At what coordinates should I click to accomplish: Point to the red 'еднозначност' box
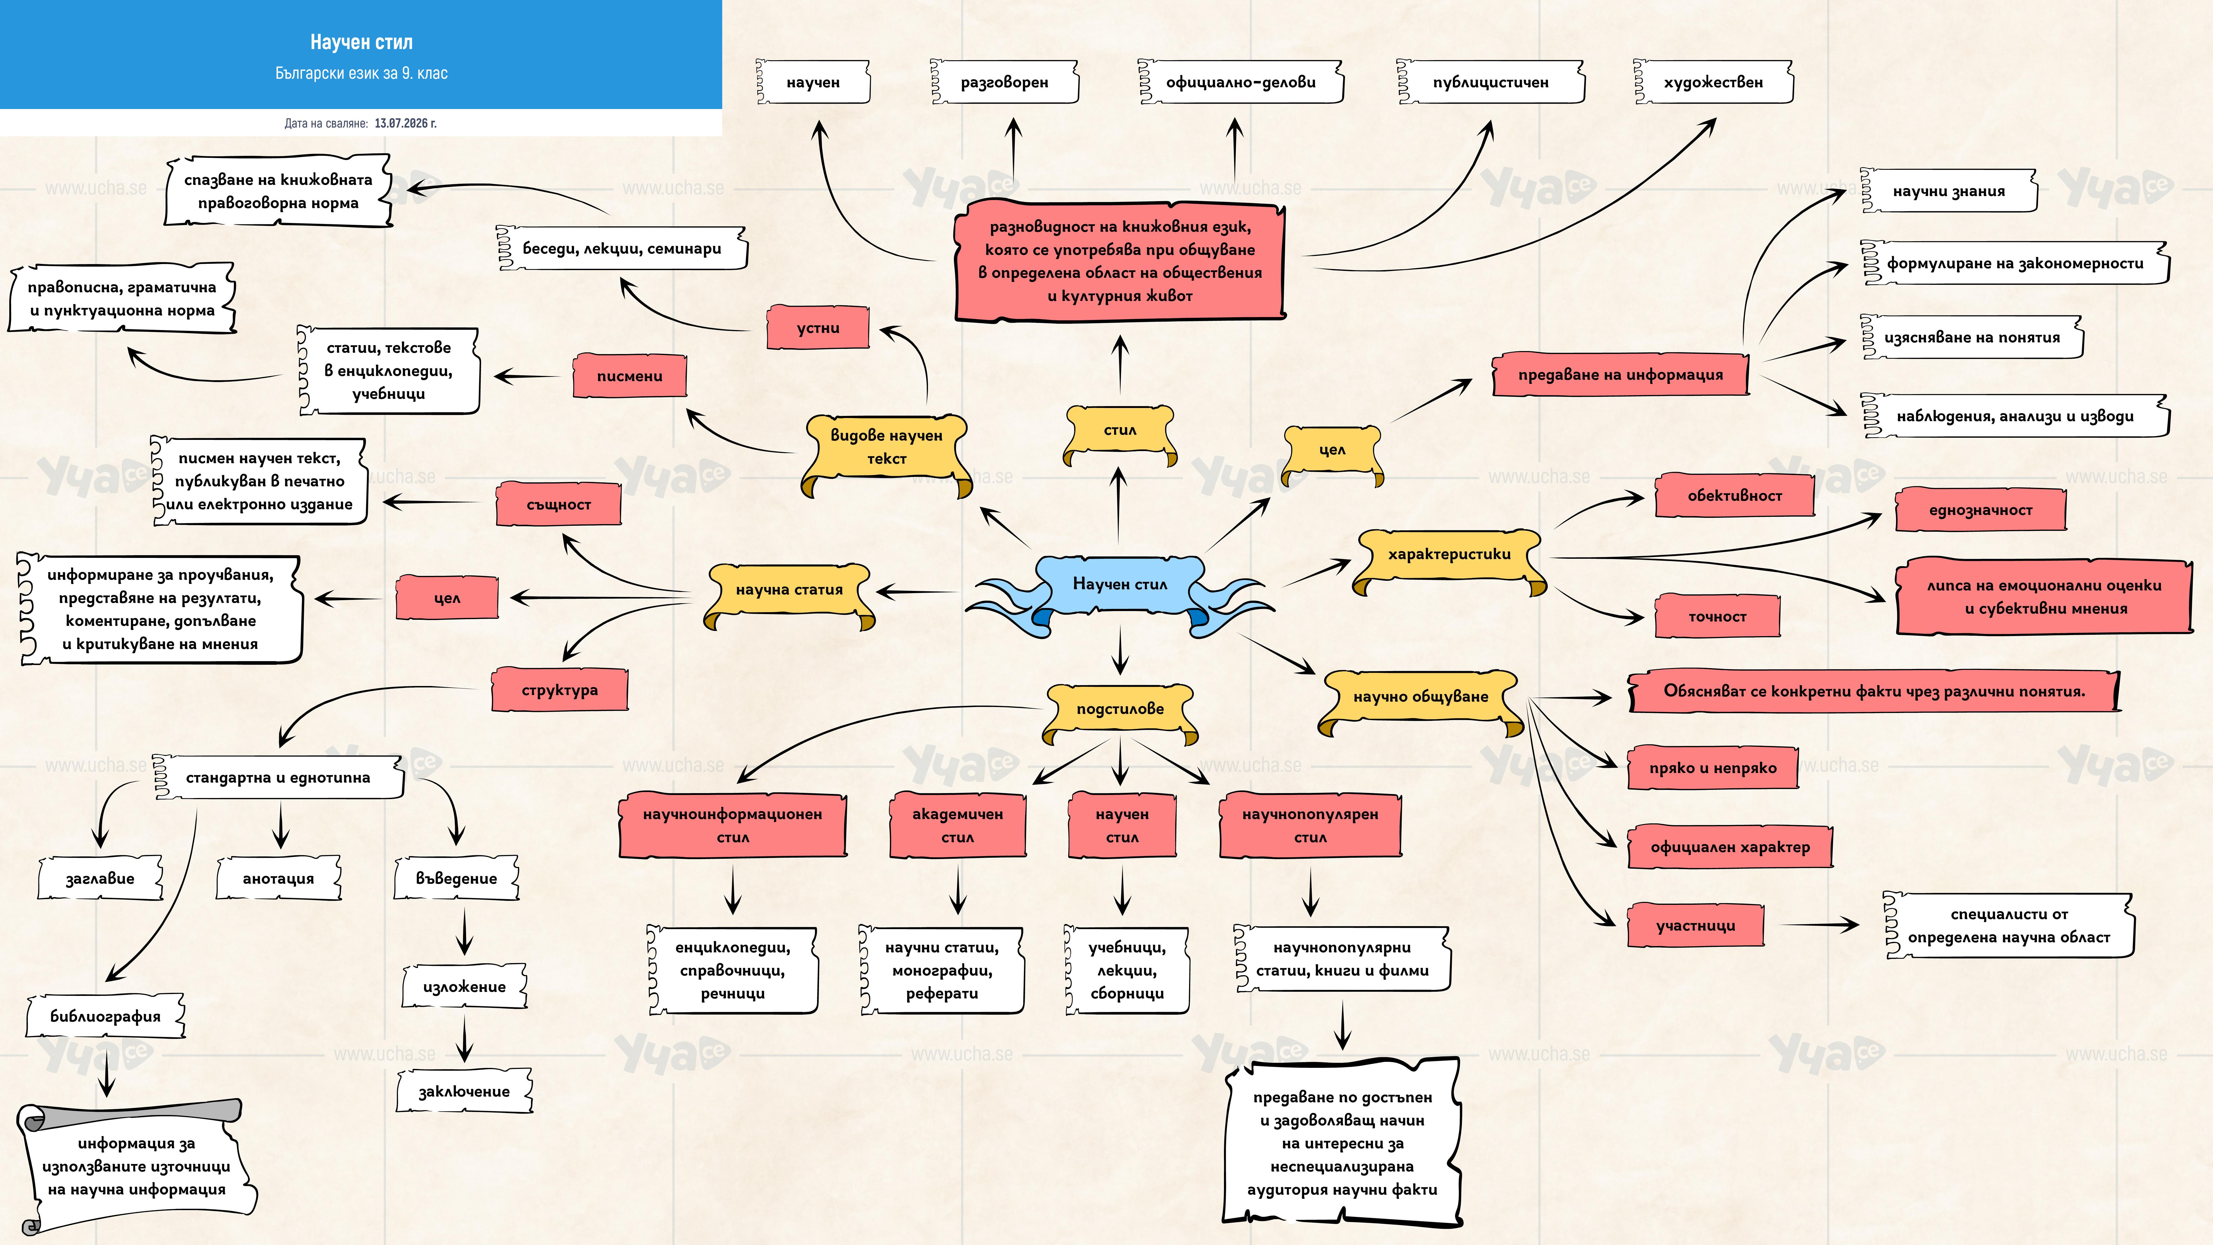pyautogui.click(x=1980, y=510)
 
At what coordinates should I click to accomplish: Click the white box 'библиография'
pyautogui.click(x=106, y=1016)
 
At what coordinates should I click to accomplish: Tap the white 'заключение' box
pyautogui.click(x=464, y=1092)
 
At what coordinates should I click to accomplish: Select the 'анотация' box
pyautogui.click(x=278, y=878)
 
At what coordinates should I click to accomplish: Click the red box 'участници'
pyautogui.click(x=1695, y=925)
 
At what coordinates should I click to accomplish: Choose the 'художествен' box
pyautogui.click(x=1713, y=83)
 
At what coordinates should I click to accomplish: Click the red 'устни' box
pyautogui.click(x=818, y=327)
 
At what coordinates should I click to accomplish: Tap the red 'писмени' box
pyautogui.click(x=630, y=376)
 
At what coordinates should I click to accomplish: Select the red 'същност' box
pyautogui.click(x=558, y=504)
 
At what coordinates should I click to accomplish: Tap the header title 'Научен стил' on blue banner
pyautogui.click(x=362, y=42)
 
